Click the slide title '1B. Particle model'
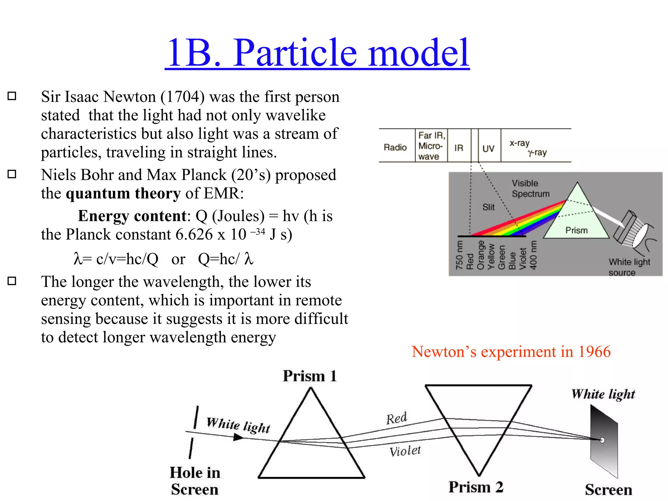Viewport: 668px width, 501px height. pyautogui.click(x=317, y=53)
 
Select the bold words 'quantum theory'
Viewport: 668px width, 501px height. pyautogui.click(x=123, y=193)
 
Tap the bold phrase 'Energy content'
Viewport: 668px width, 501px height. pyautogui.click(x=132, y=216)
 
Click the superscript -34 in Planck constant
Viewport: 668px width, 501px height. pyautogui.click(x=258, y=231)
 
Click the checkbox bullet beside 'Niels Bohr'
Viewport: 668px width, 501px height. pyautogui.click(x=12, y=174)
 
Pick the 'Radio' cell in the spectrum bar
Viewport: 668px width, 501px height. pyautogui.click(x=395, y=147)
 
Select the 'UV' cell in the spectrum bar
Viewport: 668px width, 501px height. pyautogui.click(x=488, y=149)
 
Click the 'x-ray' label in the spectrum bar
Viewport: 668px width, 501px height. pyautogui.click(x=519, y=143)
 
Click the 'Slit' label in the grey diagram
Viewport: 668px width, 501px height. pyautogui.click(x=488, y=207)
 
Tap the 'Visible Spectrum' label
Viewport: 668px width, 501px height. pyautogui.click(x=530, y=189)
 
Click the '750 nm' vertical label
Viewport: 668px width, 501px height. pyautogui.click(x=459, y=255)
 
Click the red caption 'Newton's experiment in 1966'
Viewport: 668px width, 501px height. pyautogui.click(x=511, y=352)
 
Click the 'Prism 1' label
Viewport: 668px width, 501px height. pyautogui.click(x=310, y=376)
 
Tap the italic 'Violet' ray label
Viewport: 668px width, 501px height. pyautogui.click(x=405, y=451)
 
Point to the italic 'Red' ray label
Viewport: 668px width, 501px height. pyautogui.click(x=396, y=418)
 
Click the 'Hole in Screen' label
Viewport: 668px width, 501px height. pyautogui.click(x=195, y=481)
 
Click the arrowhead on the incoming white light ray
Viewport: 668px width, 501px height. pyautogui.click(x=238, y=437)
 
